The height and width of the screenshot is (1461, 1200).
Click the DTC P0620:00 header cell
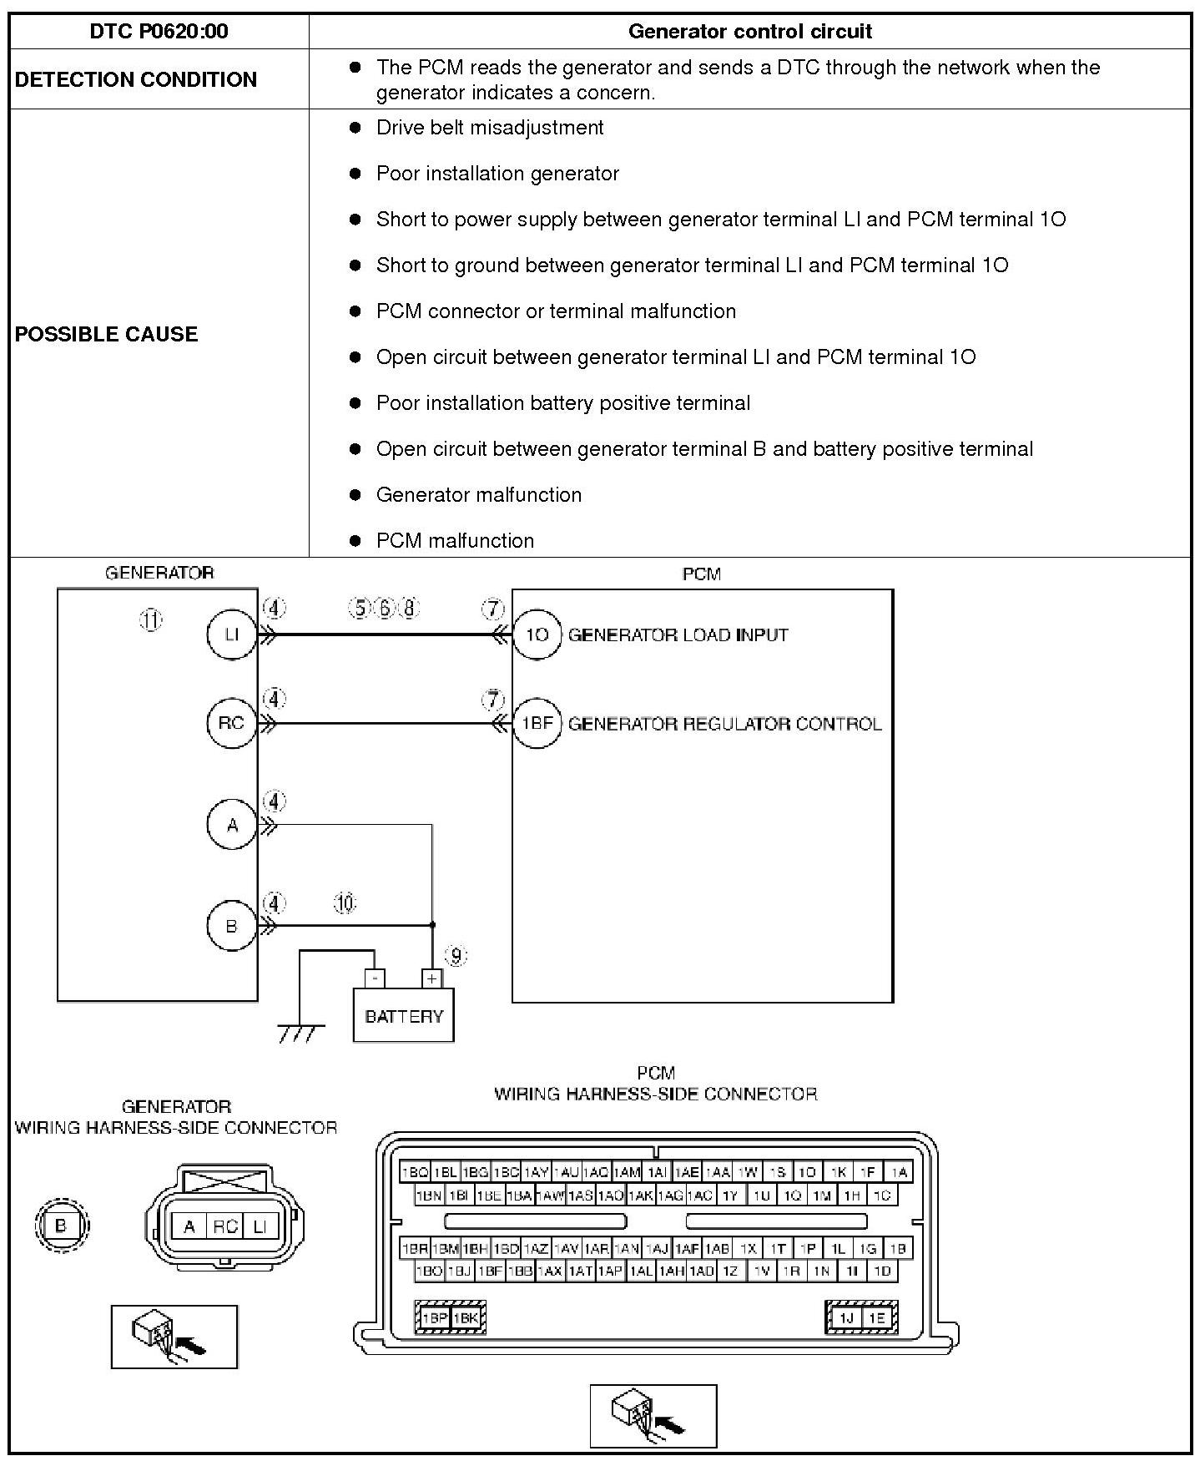(x=159, y=32)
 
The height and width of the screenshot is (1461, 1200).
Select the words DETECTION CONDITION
(x=136, y=79)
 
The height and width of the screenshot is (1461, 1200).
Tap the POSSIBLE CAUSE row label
(x=107, y=334)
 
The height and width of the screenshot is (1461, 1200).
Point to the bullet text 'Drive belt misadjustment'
(x=490, y=128)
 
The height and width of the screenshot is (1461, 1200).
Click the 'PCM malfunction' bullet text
(x=455, y=540)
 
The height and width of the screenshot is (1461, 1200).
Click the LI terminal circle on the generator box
(x=231, y=634)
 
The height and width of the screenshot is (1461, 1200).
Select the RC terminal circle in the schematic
(x=231, y=723)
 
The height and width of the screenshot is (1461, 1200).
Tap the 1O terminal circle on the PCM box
(x=537, y=634)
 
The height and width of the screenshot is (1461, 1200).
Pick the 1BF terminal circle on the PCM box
(x=537, y=723)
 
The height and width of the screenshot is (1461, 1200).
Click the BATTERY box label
(x=404, y=1016)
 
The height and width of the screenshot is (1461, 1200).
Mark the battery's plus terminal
(x=431, y=978)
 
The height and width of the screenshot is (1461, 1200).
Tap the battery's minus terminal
(x=376, y=978)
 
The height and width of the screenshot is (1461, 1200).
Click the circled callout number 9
(x=456, y=956)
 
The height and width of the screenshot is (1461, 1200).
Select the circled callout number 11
(x=151, y=620)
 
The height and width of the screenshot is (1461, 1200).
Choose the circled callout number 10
(x=345, y=903)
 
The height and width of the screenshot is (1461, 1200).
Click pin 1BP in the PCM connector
(x=434, y=1318)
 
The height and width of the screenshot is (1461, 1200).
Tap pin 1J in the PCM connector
(x=846, y=1318)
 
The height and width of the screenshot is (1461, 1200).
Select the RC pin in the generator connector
(x=224, y=1226)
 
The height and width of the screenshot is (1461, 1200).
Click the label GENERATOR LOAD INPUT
(x=678, y=635)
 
